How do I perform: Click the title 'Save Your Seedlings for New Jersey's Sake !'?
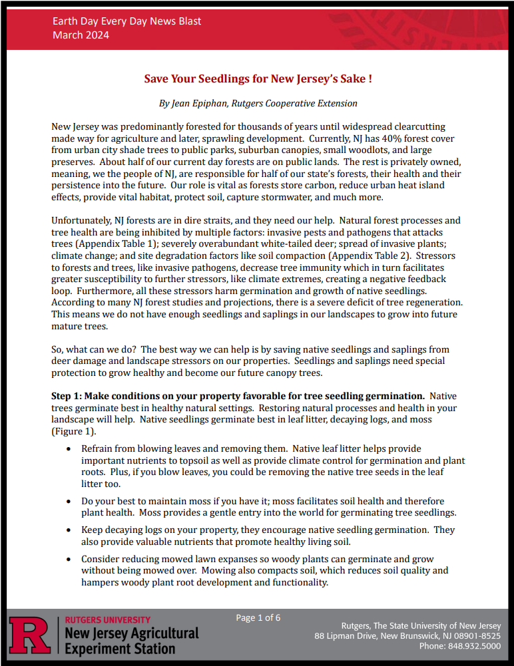pos(258,79)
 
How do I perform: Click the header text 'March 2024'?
pos(81,35)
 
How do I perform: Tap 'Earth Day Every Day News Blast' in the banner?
pos(127,21)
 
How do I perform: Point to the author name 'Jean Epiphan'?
pos(199,104)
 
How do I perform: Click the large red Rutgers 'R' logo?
pos(30,635)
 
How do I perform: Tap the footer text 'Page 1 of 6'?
pos(258,618)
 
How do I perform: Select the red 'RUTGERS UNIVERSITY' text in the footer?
pos(108,620)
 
